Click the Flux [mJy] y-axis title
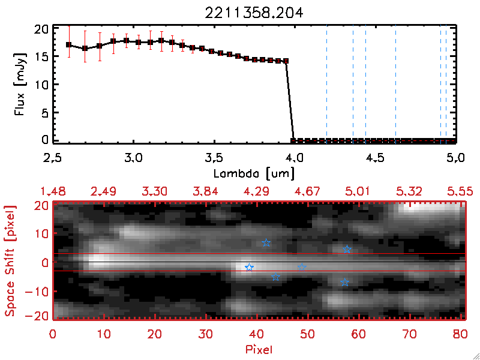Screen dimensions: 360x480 pyautogui.click(x=20, y=83)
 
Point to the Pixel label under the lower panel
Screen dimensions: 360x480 pyautogui.click(x=259, y=349)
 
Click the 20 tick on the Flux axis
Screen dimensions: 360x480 pyautogui.click(x=41, y=29)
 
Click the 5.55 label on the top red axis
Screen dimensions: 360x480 pyautogui.click(x=461, y=191)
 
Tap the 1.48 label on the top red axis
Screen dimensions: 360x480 pyautogui.click(x=53, y=191)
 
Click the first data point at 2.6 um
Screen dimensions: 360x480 pyautogui.click(x=69, y=44)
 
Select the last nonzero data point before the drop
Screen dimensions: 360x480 pyautogui.click(x=286, y=61)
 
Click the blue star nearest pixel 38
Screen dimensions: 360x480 pyautogui.click(x=249, y=268)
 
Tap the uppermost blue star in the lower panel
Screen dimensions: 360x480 pyautogui.click(x=266, y=242)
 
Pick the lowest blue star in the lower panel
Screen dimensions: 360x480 pyautogui.click(x=344, y=282)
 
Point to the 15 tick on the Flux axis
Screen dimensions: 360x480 pyautogui.click(x=41, y=56)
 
